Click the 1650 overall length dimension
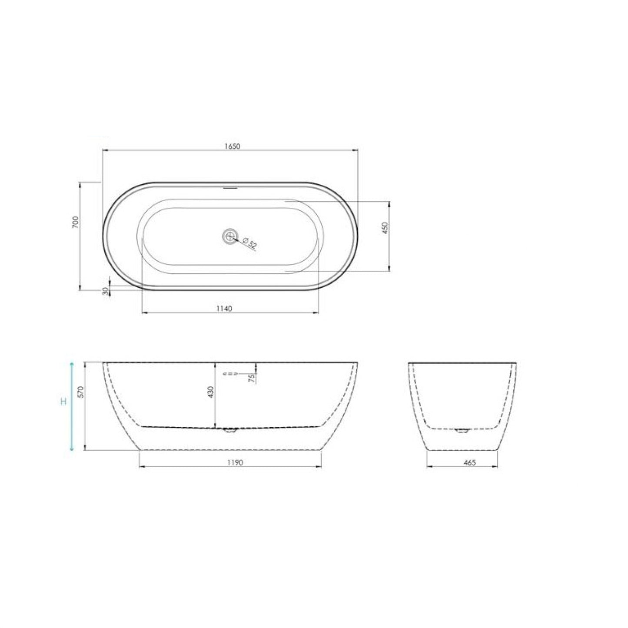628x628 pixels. [x=232, y=146]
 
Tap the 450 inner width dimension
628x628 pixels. [x=385, y=228]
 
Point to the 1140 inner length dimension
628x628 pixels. [x=225, y=308]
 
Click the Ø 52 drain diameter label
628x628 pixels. [x=250, y=243]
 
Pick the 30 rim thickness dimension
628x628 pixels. [x=105, y=291]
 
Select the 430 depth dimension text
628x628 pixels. [x=210, y=392]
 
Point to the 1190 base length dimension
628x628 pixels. [x=235, y=462]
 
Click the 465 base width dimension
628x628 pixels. [x=470, y=462]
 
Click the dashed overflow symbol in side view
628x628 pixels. [x=230, y=373]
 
